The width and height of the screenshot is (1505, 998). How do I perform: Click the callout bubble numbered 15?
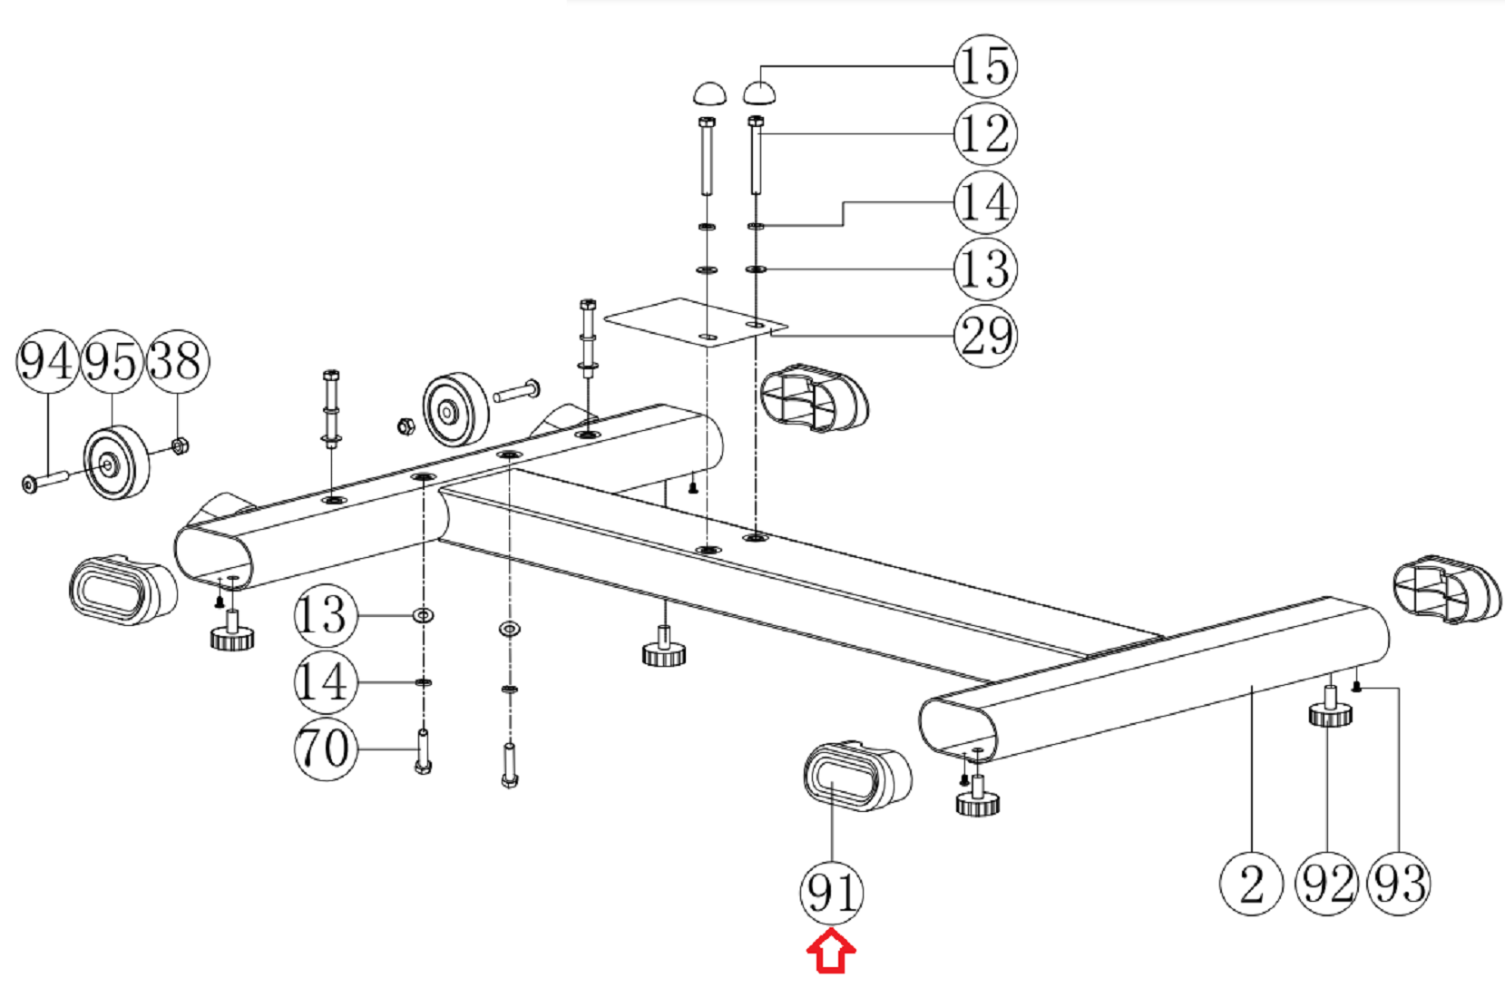point(984,66)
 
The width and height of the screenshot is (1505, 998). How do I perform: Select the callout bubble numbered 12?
point(984,134)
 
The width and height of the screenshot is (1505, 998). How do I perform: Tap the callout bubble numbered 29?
point(984,337)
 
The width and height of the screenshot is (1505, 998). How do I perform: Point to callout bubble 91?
point(831,893)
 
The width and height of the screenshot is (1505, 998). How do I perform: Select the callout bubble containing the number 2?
point(1251,884)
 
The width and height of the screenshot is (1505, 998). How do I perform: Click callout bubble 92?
point(1326,884)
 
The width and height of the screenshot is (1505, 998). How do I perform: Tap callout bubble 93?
point(1399,884)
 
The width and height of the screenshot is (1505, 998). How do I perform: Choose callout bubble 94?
point(46,361)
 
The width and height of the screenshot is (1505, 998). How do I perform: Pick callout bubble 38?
point(178,361)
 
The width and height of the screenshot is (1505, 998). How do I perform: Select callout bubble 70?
point(324,748)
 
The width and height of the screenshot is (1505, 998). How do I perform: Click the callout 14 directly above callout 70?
point(324,681)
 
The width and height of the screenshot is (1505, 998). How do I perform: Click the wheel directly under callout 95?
point(115,463)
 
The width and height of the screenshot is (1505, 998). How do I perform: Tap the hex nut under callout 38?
point(180,445)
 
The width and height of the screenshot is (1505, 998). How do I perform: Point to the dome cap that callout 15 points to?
point(759,93)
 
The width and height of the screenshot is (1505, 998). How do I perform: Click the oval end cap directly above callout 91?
point(855,776)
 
